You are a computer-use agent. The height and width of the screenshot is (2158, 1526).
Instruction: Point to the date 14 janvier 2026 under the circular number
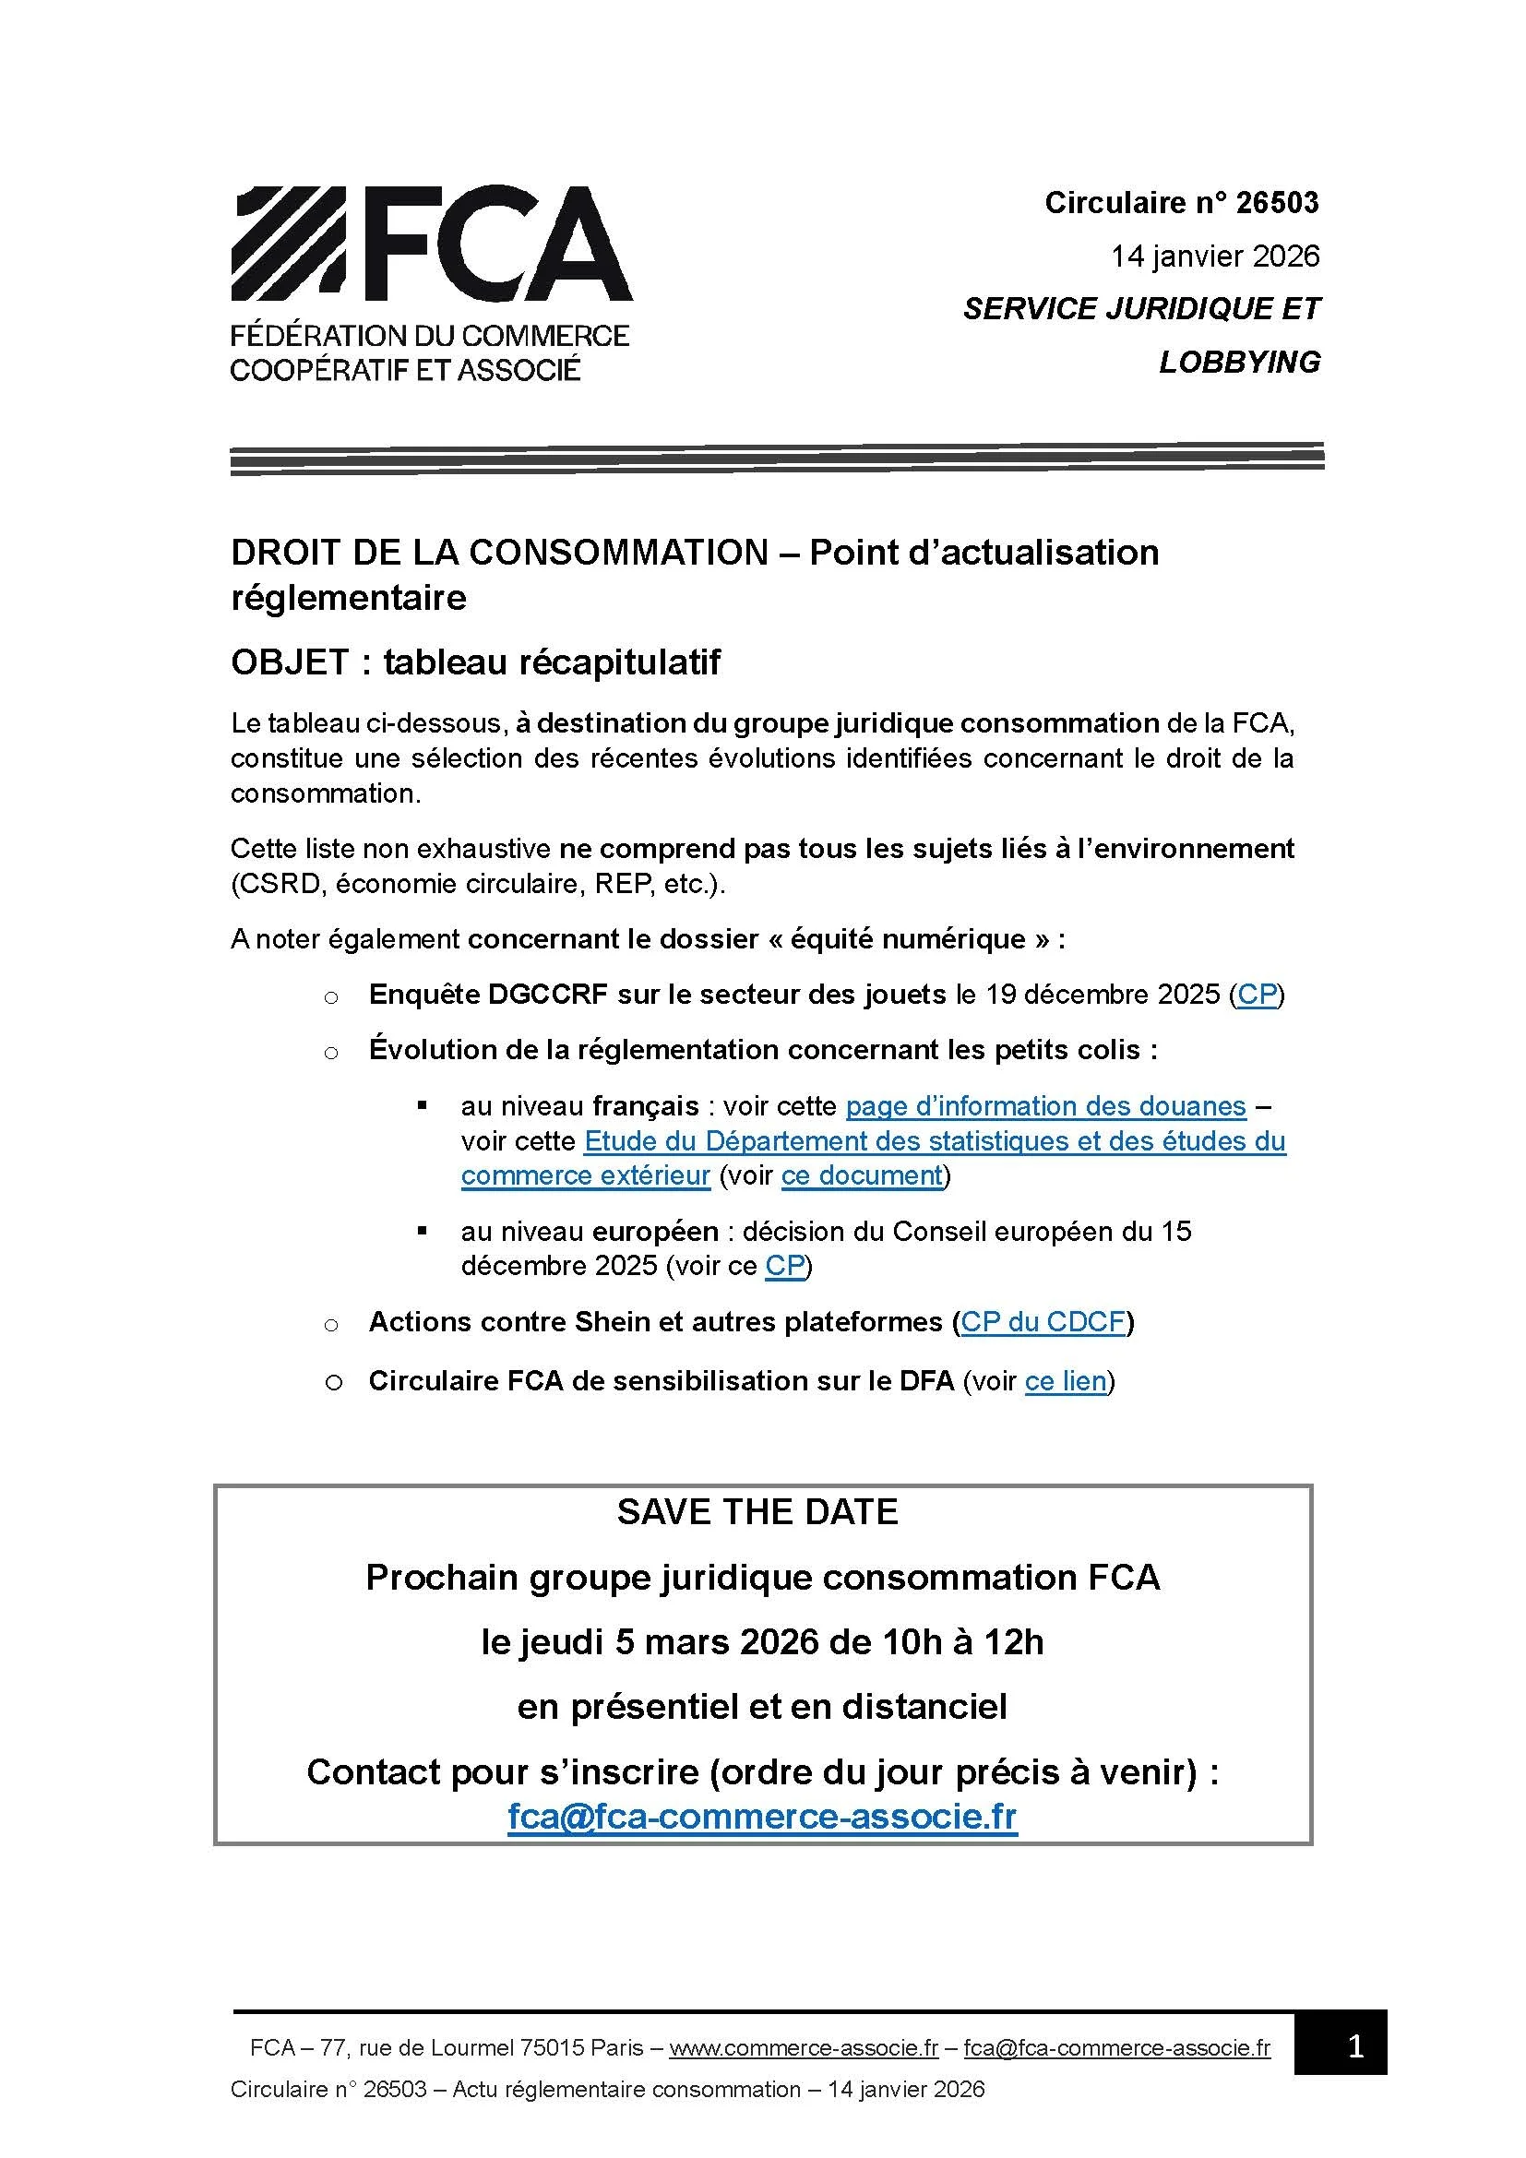(1214, 256)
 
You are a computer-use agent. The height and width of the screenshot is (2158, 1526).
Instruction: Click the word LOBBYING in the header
(1238, 362)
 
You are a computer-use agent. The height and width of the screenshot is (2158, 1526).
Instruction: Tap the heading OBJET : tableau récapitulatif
(475, 662)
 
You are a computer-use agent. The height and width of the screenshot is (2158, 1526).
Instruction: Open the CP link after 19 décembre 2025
(1258, 995)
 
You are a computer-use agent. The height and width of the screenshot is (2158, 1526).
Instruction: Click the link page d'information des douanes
(1045, 1106)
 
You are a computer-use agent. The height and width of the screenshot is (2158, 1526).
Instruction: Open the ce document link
(862, 1175)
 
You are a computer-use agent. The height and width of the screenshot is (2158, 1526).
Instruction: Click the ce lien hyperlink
(1066, 1381)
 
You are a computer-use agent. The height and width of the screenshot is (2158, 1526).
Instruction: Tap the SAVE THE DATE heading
(757, 1511)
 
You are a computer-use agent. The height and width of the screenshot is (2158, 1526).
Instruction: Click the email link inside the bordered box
(762, 1817)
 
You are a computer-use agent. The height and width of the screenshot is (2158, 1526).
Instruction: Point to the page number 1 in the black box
(1355, 2046)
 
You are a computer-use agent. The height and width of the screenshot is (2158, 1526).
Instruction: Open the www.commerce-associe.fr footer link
(804, 2047)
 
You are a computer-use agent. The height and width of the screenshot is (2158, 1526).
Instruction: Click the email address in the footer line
(1116, 2047)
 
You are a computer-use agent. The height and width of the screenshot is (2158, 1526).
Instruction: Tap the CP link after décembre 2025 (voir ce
(784, 1266)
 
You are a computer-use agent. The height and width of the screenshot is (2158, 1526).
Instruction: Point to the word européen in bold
(655, 1232)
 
